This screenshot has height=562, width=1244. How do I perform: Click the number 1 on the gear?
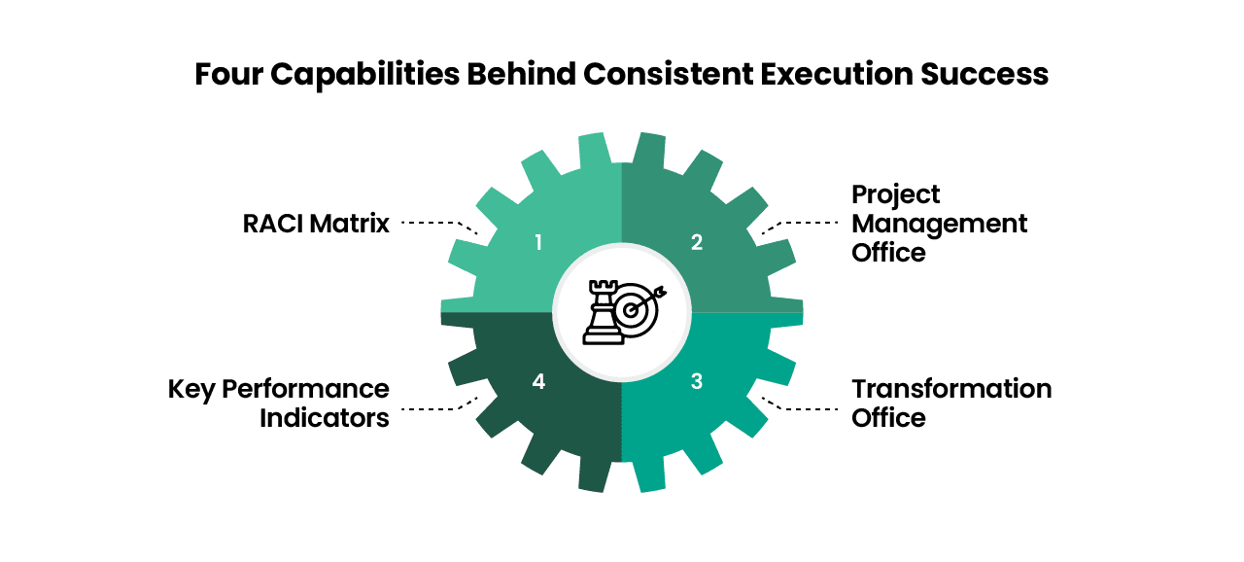tap(538, 243)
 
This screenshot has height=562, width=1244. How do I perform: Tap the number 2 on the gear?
tap(697, 242)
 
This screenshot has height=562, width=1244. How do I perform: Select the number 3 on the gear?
tap(697, 381)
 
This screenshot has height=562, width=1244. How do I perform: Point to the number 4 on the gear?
tap(538, 381)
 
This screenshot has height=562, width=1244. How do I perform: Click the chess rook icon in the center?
tap(603, 312)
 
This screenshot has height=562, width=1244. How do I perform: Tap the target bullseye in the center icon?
tap(631, 310)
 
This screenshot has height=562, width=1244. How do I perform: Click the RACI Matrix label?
tap(316, 224)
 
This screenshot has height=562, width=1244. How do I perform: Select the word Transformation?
tap(951, 389)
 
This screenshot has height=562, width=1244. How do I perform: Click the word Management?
tap(939, 225)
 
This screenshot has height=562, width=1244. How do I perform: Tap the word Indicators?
tap(325, 418)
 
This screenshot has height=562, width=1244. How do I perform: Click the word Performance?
tap(305, 389)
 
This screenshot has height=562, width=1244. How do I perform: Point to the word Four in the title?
tap(228, 74)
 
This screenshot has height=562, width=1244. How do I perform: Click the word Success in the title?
tap(985, 74)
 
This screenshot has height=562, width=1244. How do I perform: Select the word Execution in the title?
tap(837, 74)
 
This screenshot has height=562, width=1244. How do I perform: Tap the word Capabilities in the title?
tap(364, 75)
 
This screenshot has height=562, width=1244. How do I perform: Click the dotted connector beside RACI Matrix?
tap(440, 225)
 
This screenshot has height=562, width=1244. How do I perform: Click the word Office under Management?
tap(888, 253)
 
